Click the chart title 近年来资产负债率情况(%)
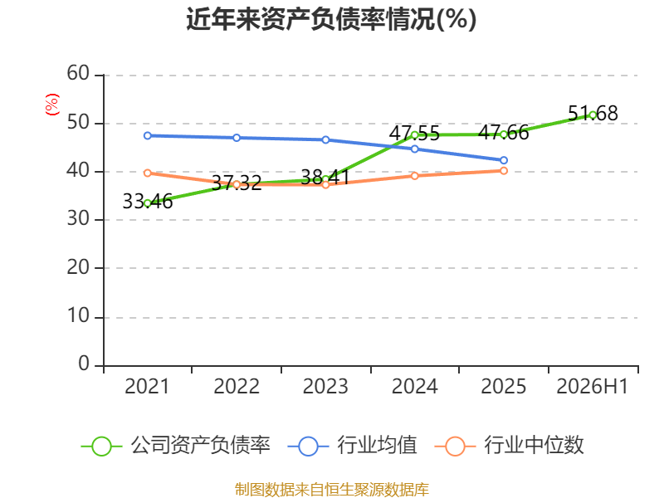point(331,19)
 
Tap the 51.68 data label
point(593,114)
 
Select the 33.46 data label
point(148,201)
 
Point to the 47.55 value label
point(414,133)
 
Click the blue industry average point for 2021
point(148,135)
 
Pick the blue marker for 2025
point(504,160)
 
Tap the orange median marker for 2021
point(148,173)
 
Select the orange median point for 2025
point(504,171)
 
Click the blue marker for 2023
point(325,139)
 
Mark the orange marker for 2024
point(414,176)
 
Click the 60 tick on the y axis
point(78,74)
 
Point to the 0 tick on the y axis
point(84,364)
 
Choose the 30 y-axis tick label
point(78,219)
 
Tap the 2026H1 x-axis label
point(592,386)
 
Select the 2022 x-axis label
point(237,386)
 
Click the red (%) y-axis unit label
point(52,105)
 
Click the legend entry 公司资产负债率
point(175,446)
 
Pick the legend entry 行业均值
point(352,446)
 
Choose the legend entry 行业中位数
point(509,446)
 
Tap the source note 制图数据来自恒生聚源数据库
point(331,489)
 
